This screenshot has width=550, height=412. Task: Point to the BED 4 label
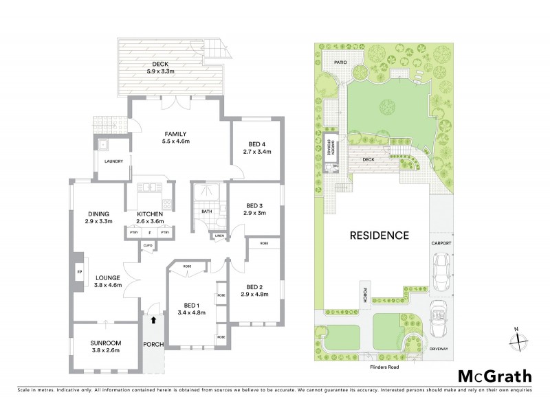click(256, 148)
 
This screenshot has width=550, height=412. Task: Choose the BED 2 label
click(255, 290)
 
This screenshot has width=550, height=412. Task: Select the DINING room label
click(98, 218)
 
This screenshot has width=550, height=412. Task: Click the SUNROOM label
click(105, 346)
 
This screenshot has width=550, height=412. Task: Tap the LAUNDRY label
click(113, 162)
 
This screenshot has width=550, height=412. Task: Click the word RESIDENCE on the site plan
click(379, 235)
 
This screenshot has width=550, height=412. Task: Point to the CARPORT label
click(441, 242)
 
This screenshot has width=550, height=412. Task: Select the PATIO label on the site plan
click(342, 62)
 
